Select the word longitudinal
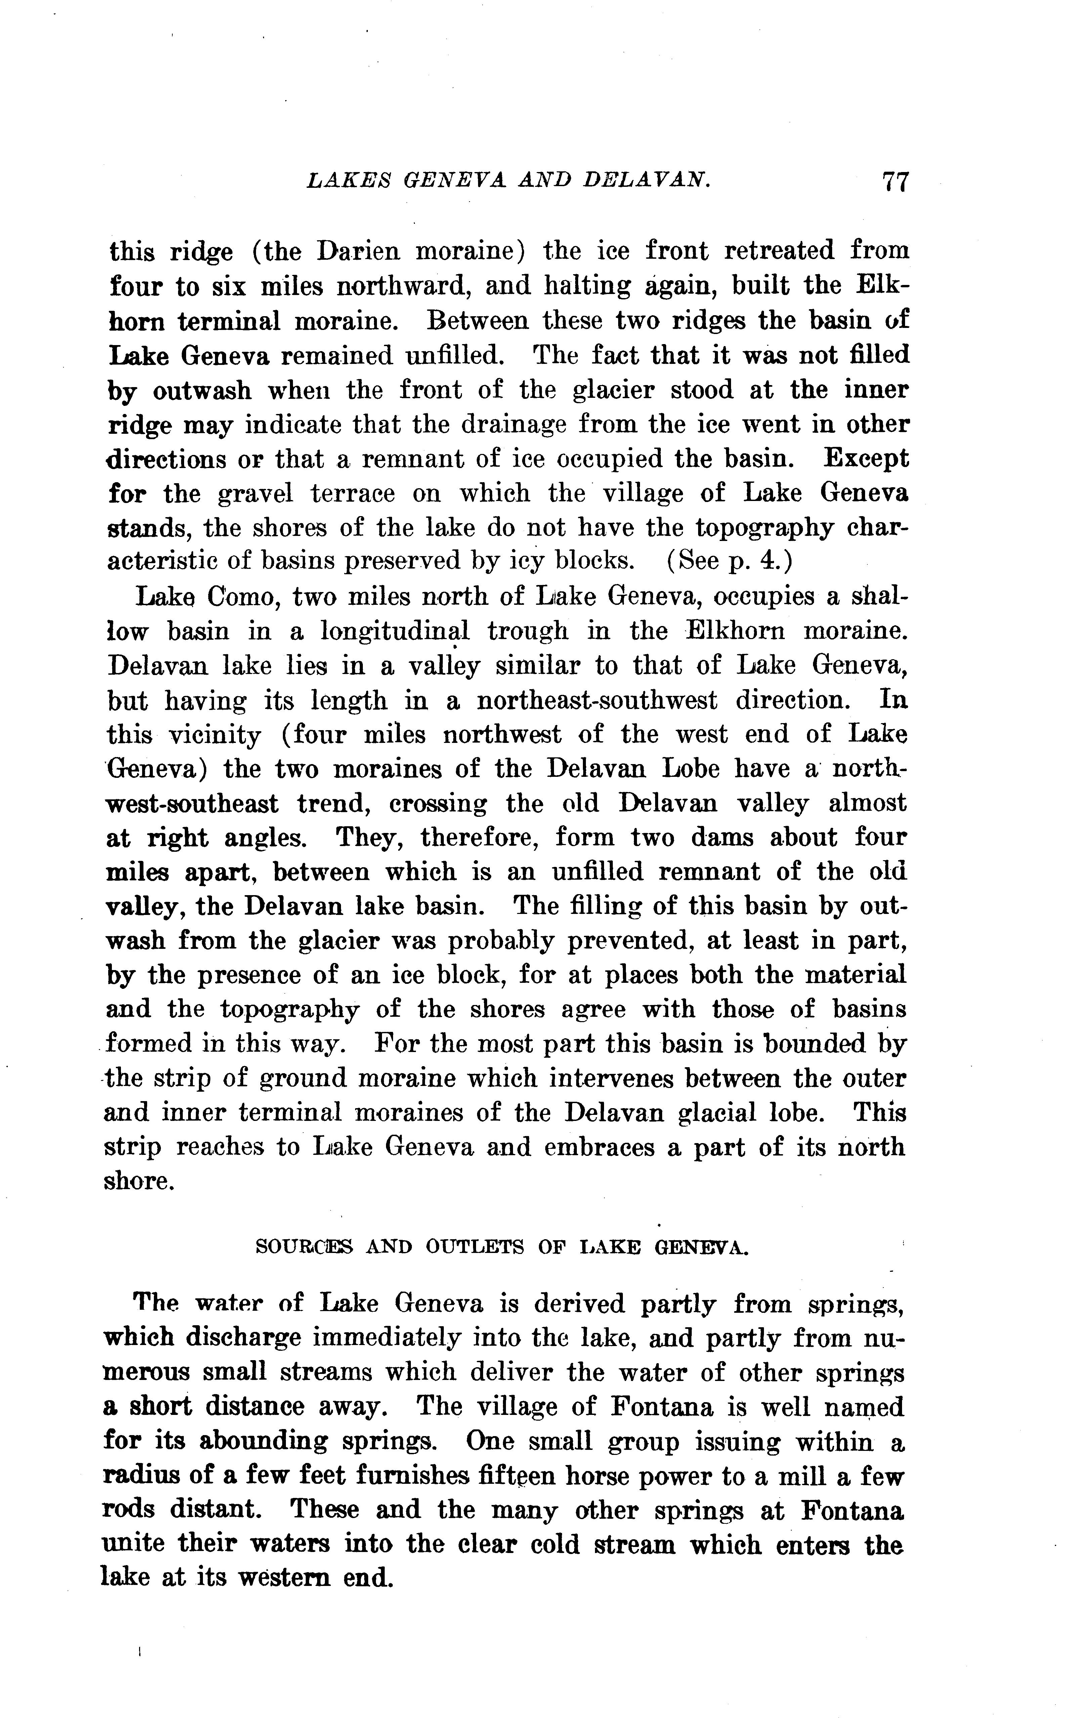(x=395, y=631)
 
